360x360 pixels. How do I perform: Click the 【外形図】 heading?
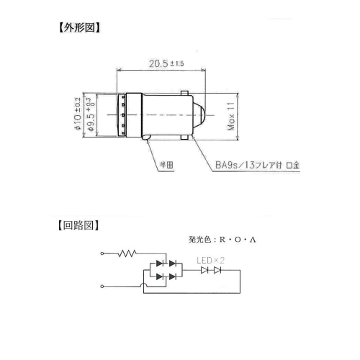point(79,28)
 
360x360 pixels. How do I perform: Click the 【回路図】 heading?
point(78,225)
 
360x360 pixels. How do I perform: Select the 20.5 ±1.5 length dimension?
point(166,63)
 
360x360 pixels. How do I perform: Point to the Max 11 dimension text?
point(230,117)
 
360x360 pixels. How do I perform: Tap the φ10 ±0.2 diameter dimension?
point(78,114)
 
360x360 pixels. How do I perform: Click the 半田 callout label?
point(166,165)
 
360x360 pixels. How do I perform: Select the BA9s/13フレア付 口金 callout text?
point(257,165)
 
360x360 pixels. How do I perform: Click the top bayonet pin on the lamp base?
point(184,93)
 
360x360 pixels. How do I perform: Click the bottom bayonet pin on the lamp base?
point(184,137)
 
